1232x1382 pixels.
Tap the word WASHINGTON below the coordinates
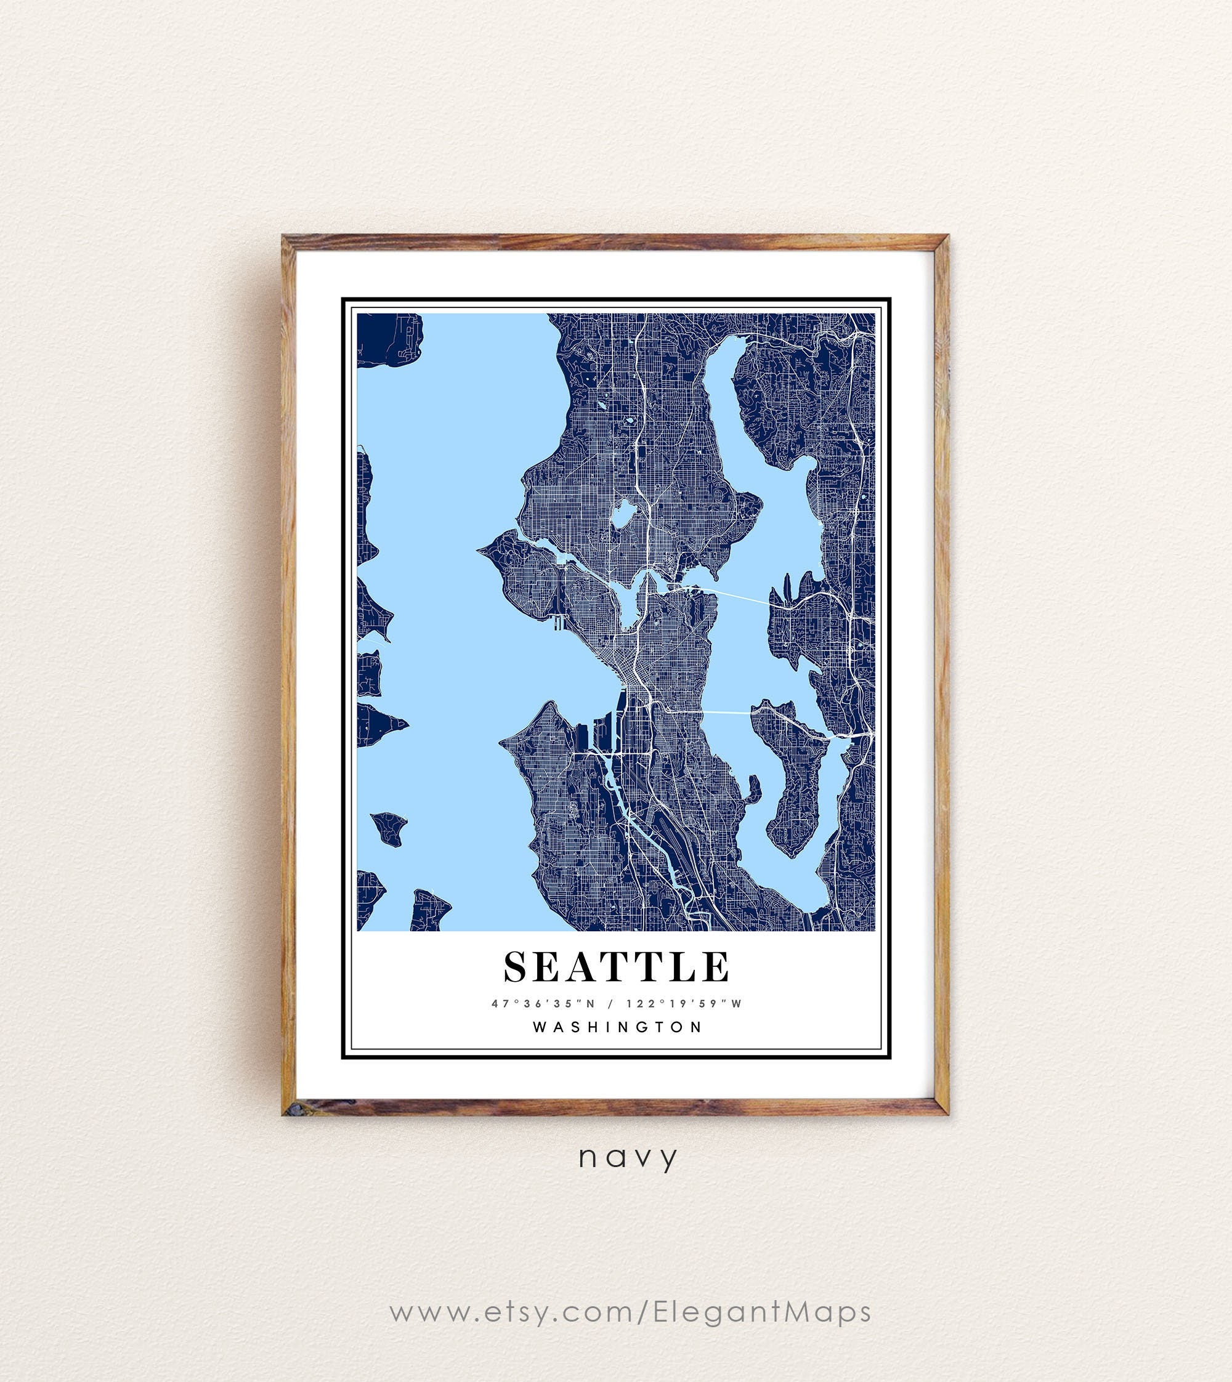617,1027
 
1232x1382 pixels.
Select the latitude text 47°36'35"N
543,1004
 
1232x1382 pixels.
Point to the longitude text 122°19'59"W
684,1004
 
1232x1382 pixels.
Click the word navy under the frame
628,1157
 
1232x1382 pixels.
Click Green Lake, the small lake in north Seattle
623,514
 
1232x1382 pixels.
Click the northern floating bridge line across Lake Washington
738,596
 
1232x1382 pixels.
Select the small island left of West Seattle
389,828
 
